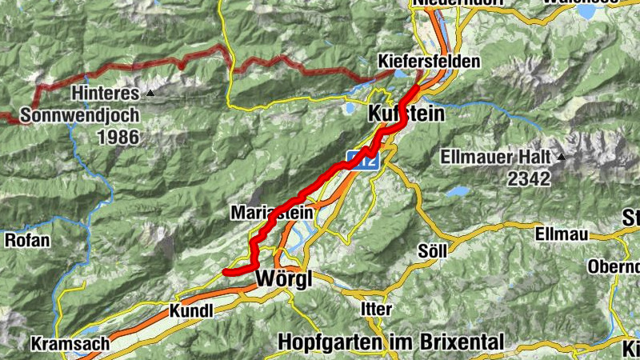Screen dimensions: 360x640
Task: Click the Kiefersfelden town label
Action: click(429, 62)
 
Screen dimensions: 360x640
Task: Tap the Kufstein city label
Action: click(406, 114)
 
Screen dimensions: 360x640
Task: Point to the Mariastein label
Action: click(270, 213)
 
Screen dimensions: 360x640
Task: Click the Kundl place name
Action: click(191, 310)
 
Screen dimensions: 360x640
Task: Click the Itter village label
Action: click(376, 308)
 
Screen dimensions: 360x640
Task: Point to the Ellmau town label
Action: click(562, 234)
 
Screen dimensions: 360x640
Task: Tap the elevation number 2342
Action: click(528, 178)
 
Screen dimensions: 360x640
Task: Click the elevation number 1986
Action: click(117, 137)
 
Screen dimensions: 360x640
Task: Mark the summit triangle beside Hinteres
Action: click(151, 94)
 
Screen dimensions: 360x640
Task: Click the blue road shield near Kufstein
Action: click(362, 158)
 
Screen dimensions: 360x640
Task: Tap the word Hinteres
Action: click(105, 93)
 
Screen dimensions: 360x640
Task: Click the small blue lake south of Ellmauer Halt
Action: click(458, 192)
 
